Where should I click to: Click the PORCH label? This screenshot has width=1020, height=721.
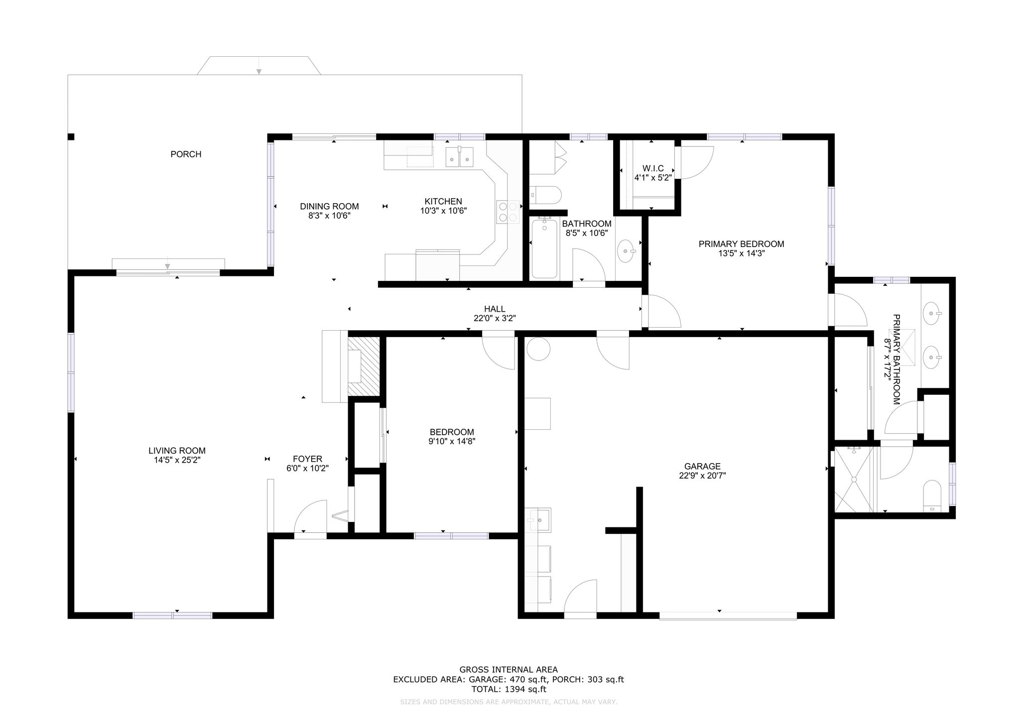[x=186, y=154]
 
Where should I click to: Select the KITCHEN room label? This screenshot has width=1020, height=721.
[x=443, y=202]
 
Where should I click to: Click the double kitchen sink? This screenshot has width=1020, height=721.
[x=459, y=156]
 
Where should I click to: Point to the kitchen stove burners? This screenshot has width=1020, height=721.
[x=508, y=212]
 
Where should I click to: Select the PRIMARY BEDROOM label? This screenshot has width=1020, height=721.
[x=741, y=244]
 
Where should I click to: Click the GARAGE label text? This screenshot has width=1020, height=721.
[x=702, y=467]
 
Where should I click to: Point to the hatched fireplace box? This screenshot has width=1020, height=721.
[x=364, y=366]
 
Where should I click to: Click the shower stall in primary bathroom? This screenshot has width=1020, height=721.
[x=854, y=479]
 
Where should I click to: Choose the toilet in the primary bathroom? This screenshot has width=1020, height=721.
[x=932, y=496]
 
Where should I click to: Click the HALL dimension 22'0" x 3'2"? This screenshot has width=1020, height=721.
[x=495, y=318]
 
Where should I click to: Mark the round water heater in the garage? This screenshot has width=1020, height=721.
[x=538, y=349]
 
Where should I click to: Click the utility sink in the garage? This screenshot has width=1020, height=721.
[x=538, y=520]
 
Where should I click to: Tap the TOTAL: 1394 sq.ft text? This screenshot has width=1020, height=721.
[x=509, y=690]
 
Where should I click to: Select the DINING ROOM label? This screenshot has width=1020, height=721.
[x=329, y=207]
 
